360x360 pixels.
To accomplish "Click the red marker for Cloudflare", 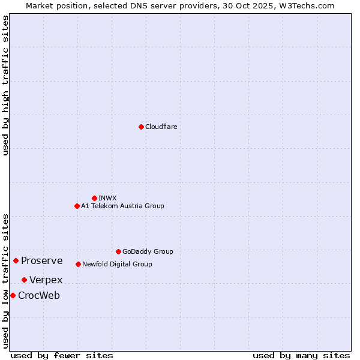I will click(x=141, y=127).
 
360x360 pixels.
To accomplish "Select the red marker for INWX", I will click(x=94, y=198).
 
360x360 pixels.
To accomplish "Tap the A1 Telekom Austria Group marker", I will click(x=77, y=206).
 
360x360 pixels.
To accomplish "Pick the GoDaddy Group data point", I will click(x=118, y=251).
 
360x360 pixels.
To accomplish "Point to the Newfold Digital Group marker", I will click(x=78, y=264).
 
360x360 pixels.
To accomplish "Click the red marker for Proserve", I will click(x=16, y=260).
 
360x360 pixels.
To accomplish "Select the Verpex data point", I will click(x=24, y=280).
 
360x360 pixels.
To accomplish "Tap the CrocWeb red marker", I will click(x=13, y=295).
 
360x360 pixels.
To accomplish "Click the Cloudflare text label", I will click(x=161, y=127).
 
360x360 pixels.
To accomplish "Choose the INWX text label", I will click(x=107, y=198).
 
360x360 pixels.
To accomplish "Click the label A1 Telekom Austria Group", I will click(x=122, y=206).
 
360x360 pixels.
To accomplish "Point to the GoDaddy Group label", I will click(x=148, y=251).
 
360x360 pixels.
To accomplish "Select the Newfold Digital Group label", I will click(x=117, y=264).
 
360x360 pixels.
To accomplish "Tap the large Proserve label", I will click(x=42, y=260).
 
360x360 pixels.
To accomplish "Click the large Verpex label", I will click(x=46, y=280).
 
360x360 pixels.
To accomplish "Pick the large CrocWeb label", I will click(x=39, y=295).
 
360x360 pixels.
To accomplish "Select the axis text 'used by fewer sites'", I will click(x=62, y=355).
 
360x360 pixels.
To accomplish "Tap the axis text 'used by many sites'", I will click(x=301, y=355).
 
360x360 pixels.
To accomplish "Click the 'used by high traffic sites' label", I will click(x=5, y=85).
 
